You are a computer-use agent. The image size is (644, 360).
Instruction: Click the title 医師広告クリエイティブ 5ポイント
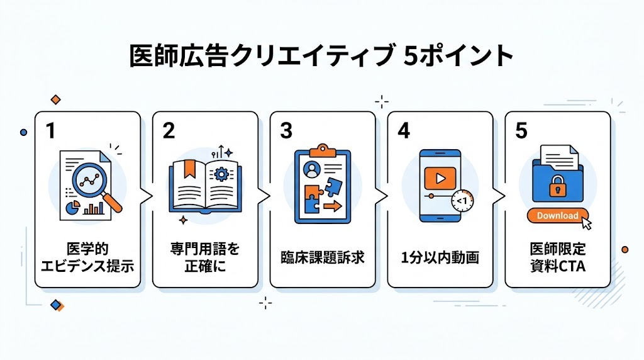(321, 56)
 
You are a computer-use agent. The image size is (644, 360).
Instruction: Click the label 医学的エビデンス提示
(87, 258)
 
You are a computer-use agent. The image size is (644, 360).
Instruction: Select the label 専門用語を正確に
(205, 258)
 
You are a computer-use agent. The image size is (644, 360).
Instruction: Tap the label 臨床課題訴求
(322, 258)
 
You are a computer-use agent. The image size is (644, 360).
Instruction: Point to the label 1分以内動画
(440, 258)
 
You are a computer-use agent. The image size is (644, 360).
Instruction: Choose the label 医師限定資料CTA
(557, 258)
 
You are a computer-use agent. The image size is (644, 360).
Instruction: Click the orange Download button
(556, 215)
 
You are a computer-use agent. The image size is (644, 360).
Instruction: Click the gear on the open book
(221, 175)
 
